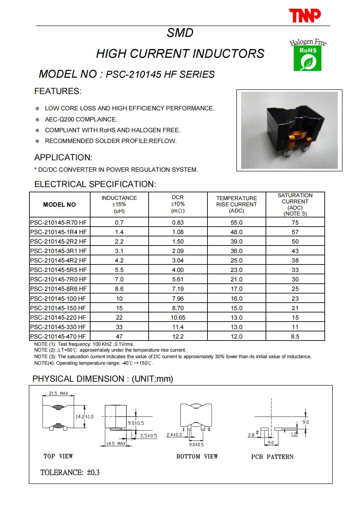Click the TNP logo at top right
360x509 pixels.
tap(304, 16)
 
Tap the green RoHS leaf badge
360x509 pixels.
tap(307, 59)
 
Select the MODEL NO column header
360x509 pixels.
tap(59, 205)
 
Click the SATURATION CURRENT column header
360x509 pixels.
tap(295, 204)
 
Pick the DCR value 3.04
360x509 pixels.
tap(178, 261)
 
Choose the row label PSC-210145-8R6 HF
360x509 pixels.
tap(58, 289)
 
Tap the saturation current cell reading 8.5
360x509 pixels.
tap(295, 337)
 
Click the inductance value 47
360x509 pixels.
tap(119, 337)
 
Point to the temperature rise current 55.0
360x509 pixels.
tap(237, 223)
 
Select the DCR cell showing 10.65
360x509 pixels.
tap(178, 318)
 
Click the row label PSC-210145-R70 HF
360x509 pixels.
tap(58, 223)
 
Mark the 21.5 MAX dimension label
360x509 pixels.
tap(58, 393)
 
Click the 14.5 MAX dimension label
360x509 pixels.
tap(116, 444)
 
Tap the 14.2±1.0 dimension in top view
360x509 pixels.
tap(84, 417)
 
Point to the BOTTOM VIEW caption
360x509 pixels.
tap(197, 456)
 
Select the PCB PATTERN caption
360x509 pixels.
tap(272, 457)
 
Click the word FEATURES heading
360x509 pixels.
tap(57, 91)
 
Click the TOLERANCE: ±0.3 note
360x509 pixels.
tap(70, 472)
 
